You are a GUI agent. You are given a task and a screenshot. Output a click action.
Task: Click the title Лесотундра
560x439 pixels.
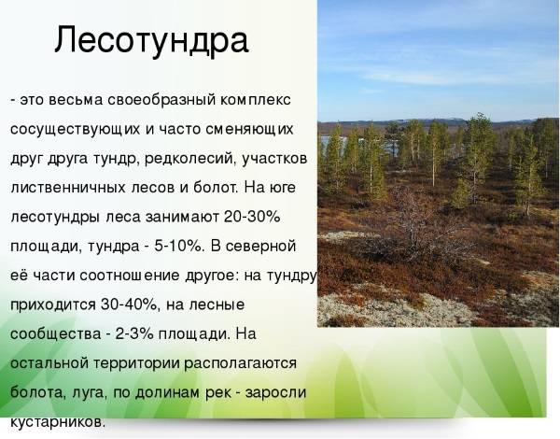pyautogui.click(x=151, y=40)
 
